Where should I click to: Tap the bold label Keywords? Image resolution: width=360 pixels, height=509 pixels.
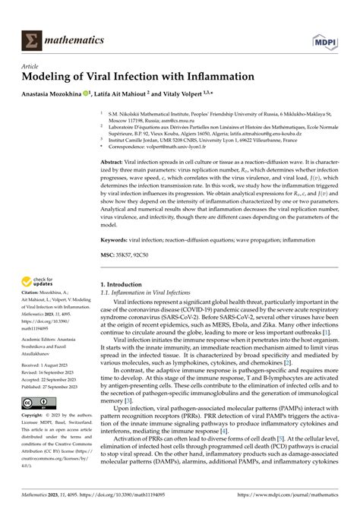coord(118,239)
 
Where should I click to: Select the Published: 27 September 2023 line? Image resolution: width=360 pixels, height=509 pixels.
coord(53,387)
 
